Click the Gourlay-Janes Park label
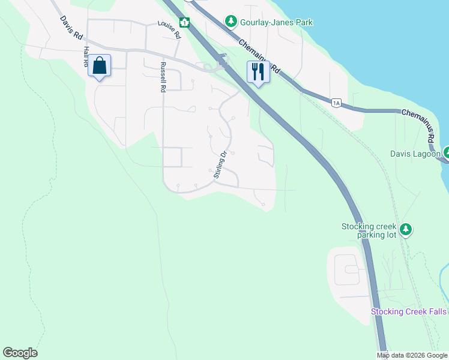point(277,23)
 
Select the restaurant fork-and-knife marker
point(258,72)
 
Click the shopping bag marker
point(100,66)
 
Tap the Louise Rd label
point(169,30)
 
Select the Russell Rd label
point(162,77)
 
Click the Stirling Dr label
point(220,164)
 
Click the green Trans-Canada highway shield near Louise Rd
point(185,23)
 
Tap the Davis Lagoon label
point(415,154)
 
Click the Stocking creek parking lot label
point(370,230)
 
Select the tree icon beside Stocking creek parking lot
point(406,229)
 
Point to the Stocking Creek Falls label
point(409,311)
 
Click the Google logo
point(20,353)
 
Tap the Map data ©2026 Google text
point(412,355)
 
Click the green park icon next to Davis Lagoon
point(447,153)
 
